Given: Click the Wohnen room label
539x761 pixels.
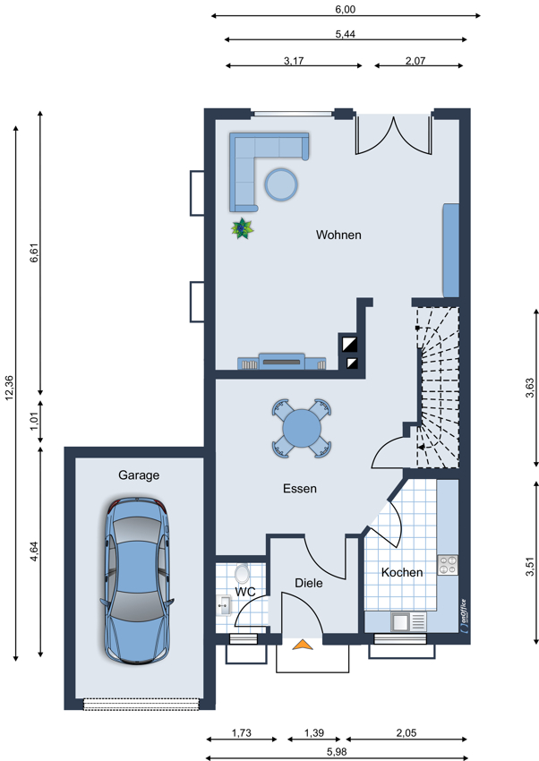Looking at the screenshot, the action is tap(338, 235).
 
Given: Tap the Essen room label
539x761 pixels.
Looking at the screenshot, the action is tap(300, 489).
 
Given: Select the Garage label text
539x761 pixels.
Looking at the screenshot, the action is tap(139, 475).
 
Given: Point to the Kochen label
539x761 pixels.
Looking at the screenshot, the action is tap(402, 573).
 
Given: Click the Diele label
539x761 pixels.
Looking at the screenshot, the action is tap(309, 583).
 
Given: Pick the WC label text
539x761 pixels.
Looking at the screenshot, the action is tap(245, 592).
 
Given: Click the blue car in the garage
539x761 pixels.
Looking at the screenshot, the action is tap(137, 580).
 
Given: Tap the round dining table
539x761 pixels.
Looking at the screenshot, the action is tap(302, 429).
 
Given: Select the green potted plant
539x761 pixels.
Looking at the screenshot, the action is tap(242, 228).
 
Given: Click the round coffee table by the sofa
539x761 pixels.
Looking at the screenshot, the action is tap(281, 184).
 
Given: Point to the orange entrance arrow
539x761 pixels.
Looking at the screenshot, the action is tap(303, 645).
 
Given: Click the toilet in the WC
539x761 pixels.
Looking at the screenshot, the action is tap(241, 573).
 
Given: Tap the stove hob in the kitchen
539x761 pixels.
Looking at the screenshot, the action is tap(448, 565).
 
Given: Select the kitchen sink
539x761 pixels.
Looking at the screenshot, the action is tap(408, 621).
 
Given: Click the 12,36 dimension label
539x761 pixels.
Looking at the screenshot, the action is tap(9, 389).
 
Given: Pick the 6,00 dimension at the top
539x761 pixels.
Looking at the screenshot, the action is tap(346, 9).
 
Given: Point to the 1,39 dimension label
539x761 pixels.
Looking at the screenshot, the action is tap(314, 733).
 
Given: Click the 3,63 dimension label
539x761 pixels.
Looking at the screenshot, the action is tap(530, 389).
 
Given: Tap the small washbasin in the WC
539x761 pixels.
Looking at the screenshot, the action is tap(224, 606).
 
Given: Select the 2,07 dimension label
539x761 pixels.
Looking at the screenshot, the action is tap(415, 61).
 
